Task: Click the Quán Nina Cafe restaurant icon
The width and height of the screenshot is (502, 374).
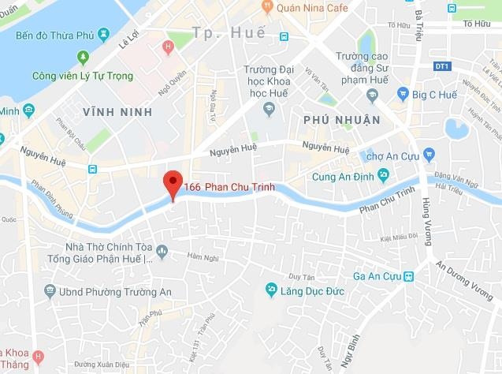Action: point(268,8)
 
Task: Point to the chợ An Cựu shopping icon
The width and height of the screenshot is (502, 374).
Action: point(429,153)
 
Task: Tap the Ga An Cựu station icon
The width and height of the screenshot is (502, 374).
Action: point(409,276)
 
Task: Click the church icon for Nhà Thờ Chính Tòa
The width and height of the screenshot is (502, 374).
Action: point(163,252)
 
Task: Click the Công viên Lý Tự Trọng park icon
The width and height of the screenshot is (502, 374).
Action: point(84,58)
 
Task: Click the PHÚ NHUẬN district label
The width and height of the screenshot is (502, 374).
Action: point(341,119)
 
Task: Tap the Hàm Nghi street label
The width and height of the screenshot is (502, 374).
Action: point(201,254)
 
